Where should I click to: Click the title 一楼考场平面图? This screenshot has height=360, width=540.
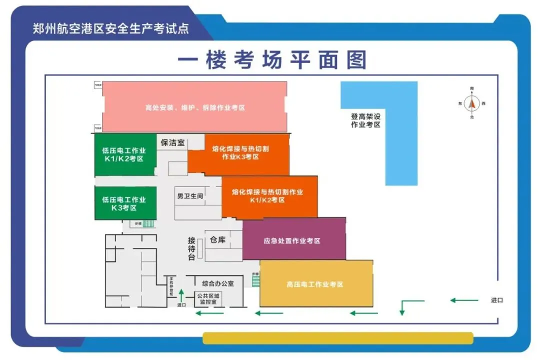(x=272, y=60)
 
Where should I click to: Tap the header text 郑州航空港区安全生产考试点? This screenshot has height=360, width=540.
(x=111, y=28)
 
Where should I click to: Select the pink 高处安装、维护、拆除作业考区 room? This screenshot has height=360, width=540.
(x=194, y=107)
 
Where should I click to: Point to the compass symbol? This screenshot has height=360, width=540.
(x=471, y=103)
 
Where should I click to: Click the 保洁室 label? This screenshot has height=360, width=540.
(x=172, y=142)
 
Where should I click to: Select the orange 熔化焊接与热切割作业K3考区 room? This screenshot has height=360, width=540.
(x=240, y=153)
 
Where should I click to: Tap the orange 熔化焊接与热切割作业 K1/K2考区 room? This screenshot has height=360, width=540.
(x=268, y=196)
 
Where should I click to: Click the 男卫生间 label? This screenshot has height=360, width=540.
(x=190, y=196)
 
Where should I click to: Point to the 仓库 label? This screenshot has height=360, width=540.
(x=217, y=240)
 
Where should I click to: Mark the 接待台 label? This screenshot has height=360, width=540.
(x=191, y=248)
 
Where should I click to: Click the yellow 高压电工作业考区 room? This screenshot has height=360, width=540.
(x=315, y=284)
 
